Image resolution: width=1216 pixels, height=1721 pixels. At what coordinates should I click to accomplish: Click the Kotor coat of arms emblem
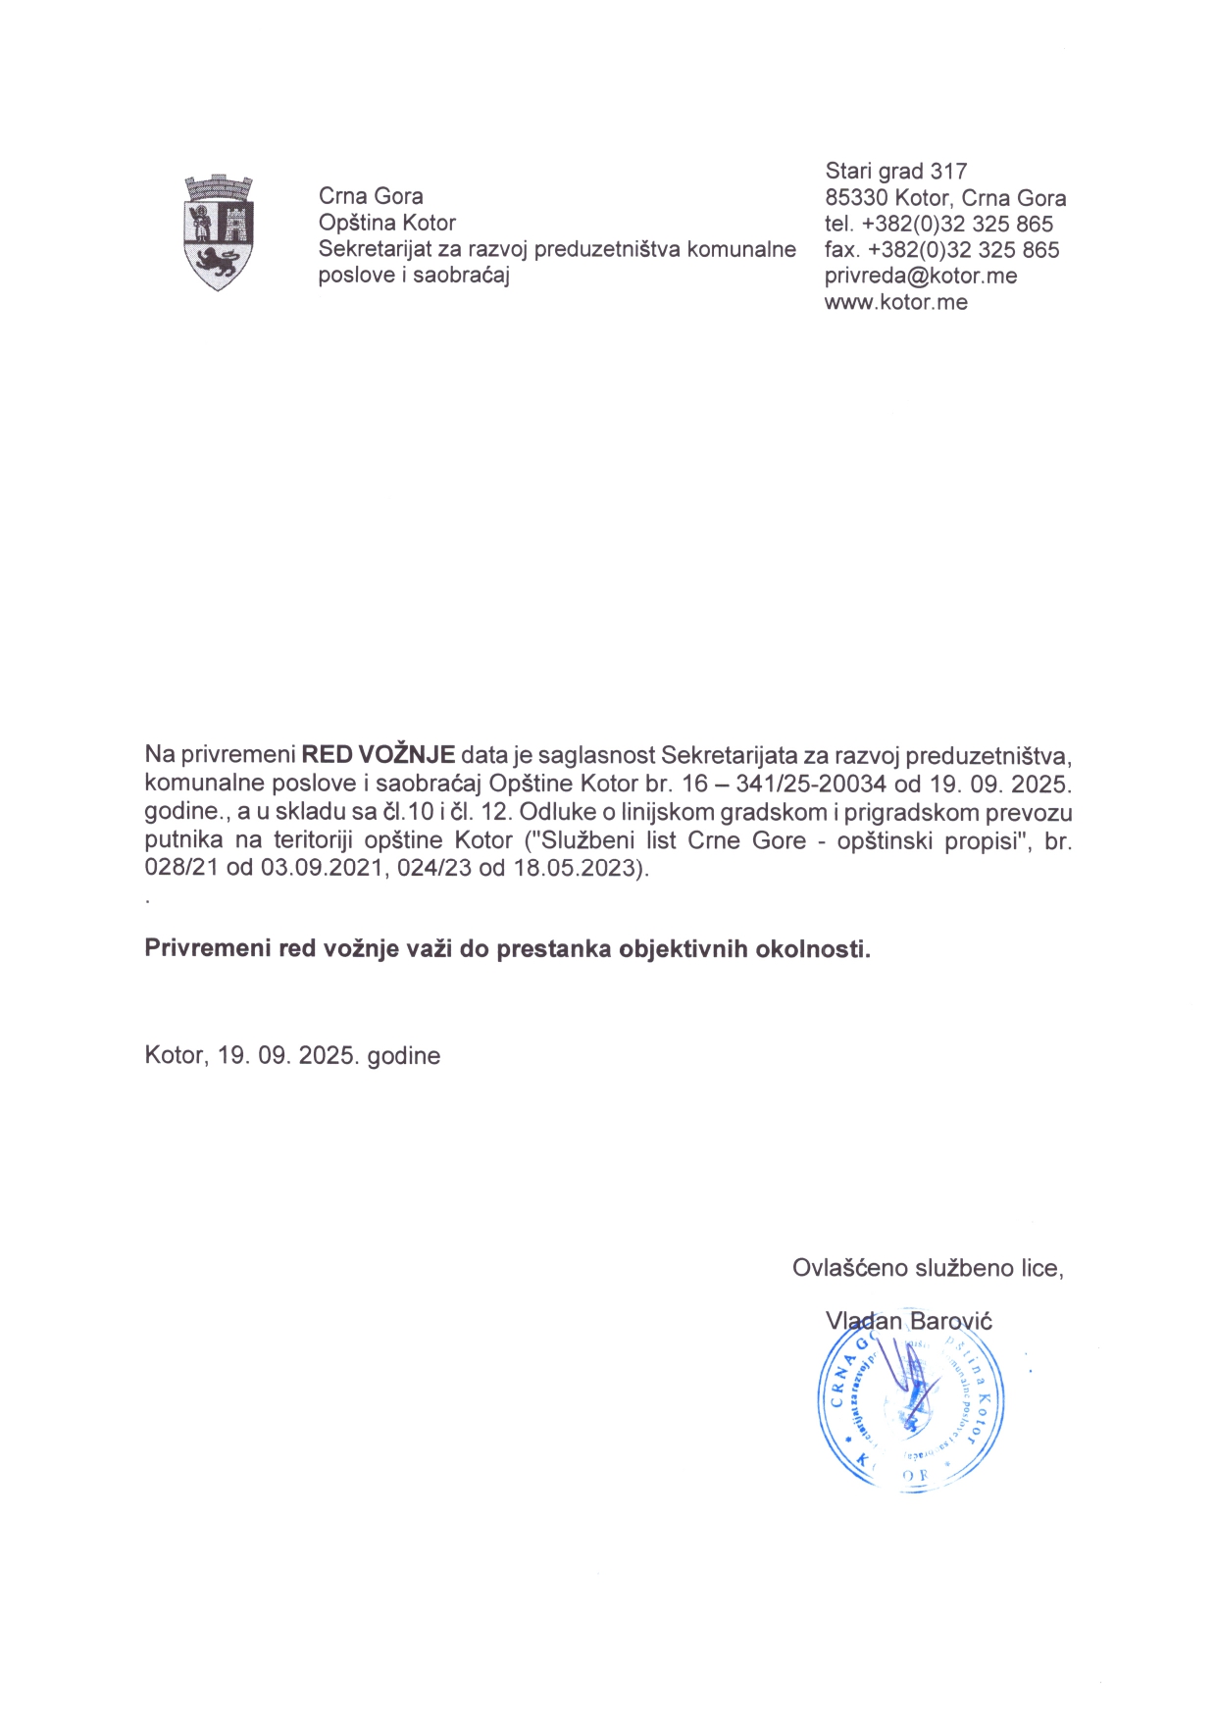pyautogui.click(x=219, y=232)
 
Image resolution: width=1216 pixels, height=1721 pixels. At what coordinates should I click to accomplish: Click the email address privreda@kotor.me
pyautogui.click(x=920, y=277)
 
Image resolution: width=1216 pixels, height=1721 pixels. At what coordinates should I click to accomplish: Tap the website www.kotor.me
pyautogui.click(x=895, y=303)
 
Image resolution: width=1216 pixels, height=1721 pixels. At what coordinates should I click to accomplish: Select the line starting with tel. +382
pyautogui.click(x=938, y=225)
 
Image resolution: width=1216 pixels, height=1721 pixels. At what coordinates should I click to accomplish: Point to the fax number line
pyautogui.click(x=941, y=250)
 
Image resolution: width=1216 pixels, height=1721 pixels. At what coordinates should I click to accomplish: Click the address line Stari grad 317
pyautogui.click(x=895, y=172)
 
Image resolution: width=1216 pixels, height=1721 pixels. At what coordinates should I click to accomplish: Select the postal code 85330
pyautogui.click(x=856, y=198)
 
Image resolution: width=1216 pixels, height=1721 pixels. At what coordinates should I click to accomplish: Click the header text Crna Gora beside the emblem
pyautogui.click(x=371, y=196)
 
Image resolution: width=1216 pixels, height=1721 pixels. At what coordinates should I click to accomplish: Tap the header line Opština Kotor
pyautogui.click(x=386, y=223)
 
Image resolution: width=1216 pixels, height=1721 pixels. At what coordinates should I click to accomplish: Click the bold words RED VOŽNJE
pyautogui.click(x=378, y=755)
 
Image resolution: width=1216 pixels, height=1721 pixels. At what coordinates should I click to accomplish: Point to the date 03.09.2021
pyautogui.click(x=321, y=869)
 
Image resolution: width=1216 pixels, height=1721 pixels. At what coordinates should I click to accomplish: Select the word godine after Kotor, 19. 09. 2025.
pyautogui.click(x=403, y=1056)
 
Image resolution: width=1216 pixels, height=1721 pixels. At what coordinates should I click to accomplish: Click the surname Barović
pyautogui.click(x=950, y=1321)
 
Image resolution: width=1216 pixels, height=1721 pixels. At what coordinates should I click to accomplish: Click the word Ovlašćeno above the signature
pyautogui.click(x=850, y=1268)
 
